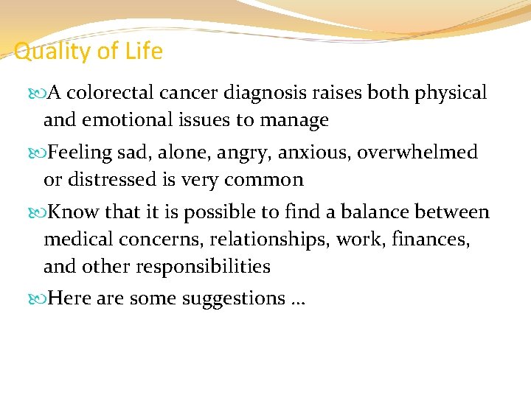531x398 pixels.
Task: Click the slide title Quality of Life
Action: coord(88,52)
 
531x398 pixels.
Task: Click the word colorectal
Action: coord(115,94)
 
